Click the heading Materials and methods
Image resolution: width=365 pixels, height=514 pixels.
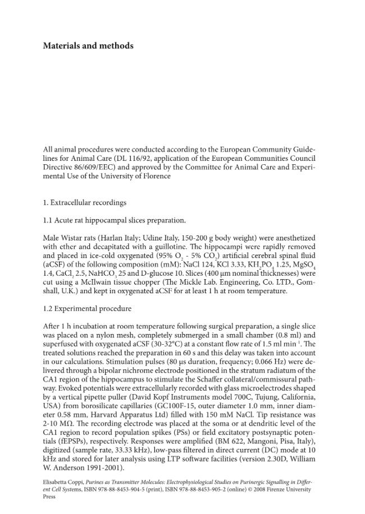(88, 46)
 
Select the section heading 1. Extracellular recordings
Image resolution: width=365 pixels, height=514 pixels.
(85, 202)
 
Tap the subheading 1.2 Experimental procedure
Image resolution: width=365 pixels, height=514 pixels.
(87, 309)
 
